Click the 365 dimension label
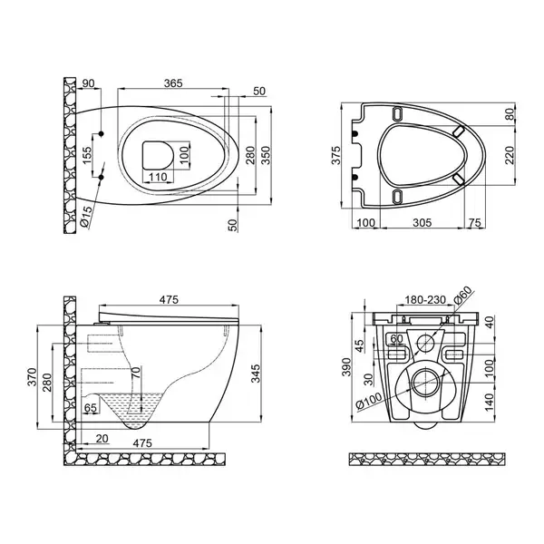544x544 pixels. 173,83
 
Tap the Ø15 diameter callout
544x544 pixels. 86,217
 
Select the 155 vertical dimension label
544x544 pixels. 87,155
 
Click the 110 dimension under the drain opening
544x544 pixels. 158,178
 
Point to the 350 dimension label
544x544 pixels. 266,155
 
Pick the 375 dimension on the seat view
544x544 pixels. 336,155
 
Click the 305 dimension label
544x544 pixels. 423,222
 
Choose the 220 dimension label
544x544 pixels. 510,155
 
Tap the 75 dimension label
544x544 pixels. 475,222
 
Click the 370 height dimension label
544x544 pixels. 32,377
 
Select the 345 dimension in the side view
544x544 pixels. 256,374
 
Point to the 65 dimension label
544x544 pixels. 90,408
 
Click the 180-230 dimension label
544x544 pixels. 425,300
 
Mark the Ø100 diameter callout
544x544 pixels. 368,401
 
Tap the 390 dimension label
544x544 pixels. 346,366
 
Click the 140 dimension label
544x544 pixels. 489,402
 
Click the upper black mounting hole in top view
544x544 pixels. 102,133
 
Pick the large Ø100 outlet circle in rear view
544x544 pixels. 426,382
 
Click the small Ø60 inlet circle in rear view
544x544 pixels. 425,344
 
